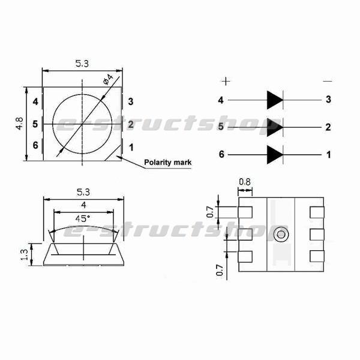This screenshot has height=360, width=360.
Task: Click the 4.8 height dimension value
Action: tap(20, 124)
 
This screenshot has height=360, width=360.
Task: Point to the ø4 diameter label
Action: tap(109, 79)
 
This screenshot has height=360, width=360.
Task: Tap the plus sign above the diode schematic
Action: tap(226, 80)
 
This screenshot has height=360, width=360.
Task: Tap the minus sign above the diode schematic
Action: tap(327, 80)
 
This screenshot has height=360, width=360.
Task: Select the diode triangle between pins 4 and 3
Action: tap(275, 100)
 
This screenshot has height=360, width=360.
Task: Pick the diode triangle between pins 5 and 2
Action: tap(275, 127)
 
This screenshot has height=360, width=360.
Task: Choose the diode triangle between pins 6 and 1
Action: tap(275, 154)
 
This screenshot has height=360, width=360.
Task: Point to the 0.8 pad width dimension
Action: tap(245, 182)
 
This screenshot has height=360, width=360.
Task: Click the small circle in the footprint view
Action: tap(280, 235)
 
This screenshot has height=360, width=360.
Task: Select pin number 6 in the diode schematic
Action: tap(221, 154)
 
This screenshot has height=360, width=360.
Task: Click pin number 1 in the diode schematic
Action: tap(328, 154)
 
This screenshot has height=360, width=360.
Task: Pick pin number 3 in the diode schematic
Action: tap(328, 100)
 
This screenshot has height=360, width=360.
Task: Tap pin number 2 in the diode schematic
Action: tap(328, 127)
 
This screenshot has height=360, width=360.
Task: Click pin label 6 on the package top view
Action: tap(35, 145)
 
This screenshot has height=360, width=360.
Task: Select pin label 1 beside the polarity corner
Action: tap(130, 146)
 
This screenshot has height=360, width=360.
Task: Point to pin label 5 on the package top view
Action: tap(35, 124)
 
